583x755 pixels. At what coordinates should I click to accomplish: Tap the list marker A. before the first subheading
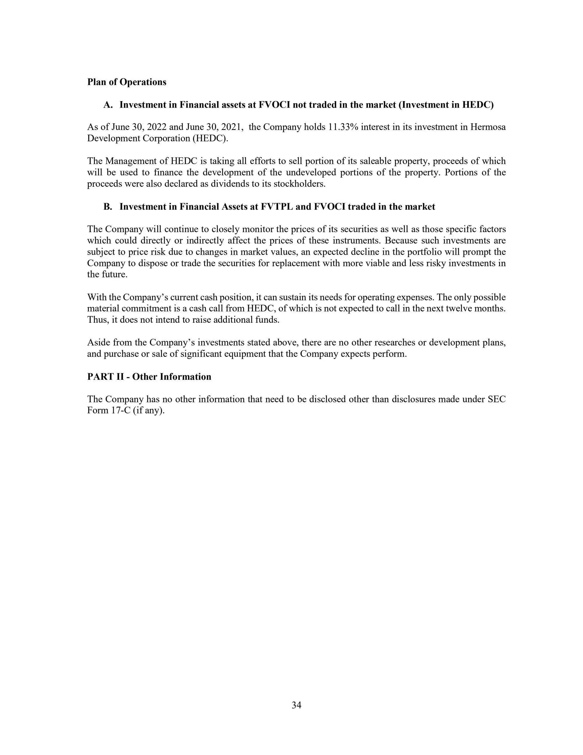point(108,105)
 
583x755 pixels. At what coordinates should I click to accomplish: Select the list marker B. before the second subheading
point(108,207)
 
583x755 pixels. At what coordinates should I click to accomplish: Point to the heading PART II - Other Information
point(149,377)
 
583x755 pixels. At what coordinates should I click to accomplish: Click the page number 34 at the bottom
point(296,705)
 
